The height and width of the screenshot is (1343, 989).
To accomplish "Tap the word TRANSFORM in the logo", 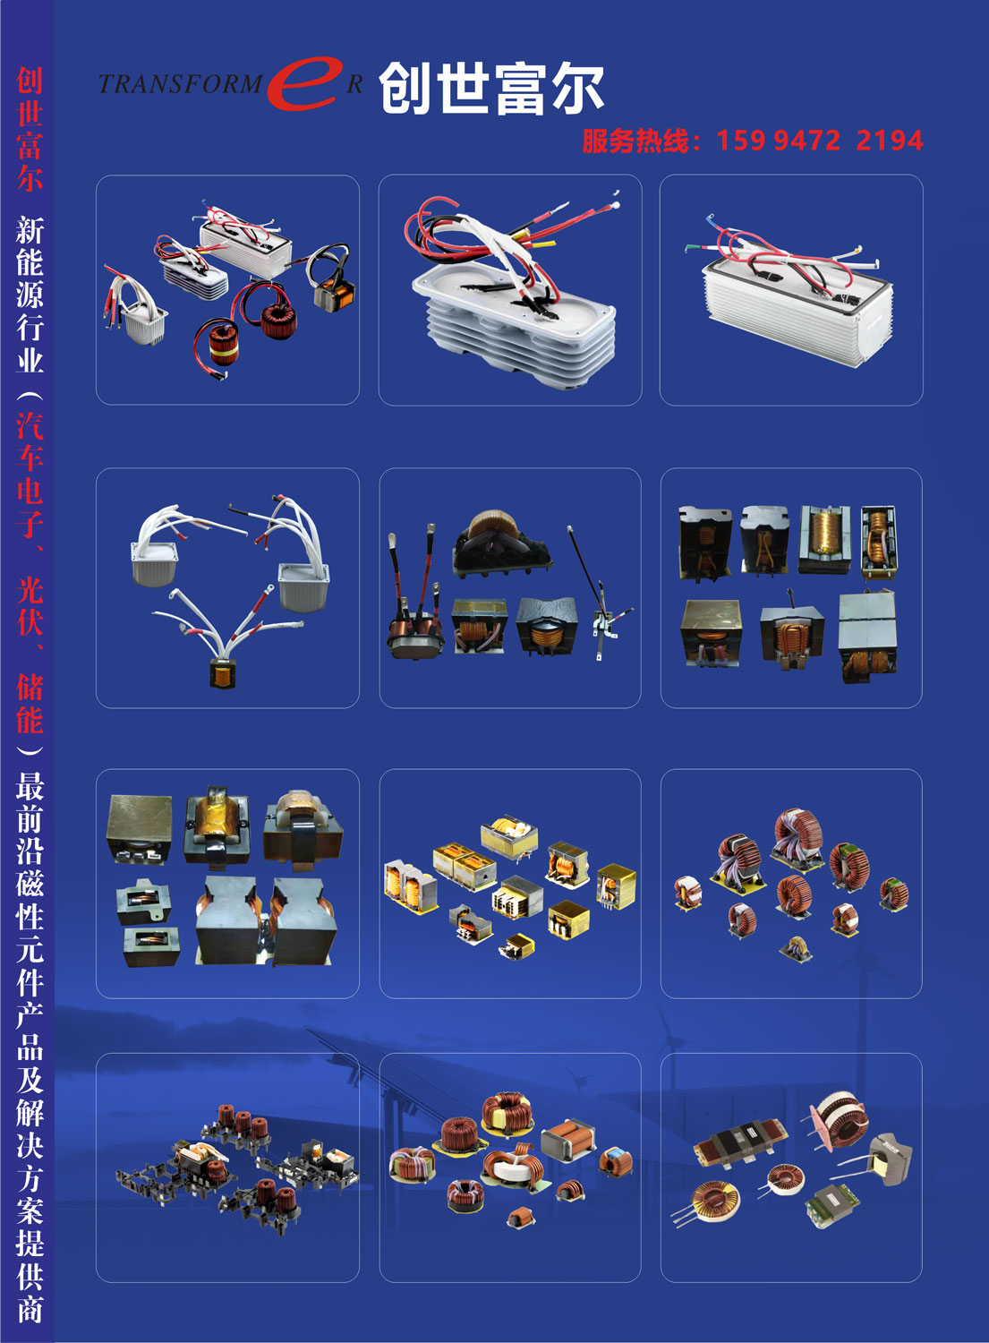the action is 180,84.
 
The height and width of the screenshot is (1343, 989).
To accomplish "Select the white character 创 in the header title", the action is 405,89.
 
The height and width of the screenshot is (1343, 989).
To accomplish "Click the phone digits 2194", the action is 890,141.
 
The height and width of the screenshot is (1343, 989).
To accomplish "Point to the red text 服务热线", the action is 635,141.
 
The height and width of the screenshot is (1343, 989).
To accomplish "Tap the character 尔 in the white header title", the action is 576,89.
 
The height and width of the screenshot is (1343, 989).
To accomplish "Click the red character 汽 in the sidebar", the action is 30,426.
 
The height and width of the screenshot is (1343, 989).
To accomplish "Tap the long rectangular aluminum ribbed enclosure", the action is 797,306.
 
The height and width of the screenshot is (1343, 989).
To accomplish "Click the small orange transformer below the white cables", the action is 222,673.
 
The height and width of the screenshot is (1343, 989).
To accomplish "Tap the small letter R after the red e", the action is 354,84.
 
